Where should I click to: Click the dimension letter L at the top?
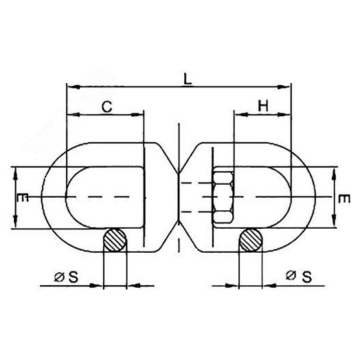click(x=188, y=80)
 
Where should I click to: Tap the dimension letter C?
click(x=107, y=106)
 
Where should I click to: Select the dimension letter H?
click(x=263, y=106)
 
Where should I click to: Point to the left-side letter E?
click(x=23, y=197)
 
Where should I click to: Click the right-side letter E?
click(x=344, y=199)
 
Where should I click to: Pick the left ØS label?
click(x=66, y=277)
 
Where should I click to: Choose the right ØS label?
click(x=299, y=276)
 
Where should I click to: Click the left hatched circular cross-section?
click(x=115, y=240)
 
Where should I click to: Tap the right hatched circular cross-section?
click(x=251, y=240)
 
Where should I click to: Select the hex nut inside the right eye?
click(x=223, y=197)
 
